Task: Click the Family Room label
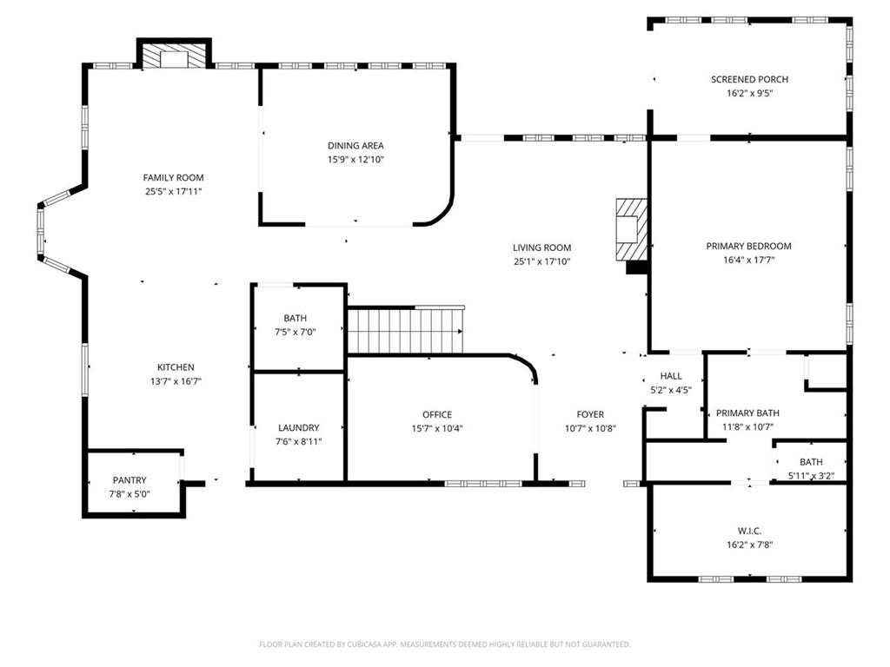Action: click(173, 177)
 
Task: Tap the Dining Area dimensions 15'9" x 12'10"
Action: click(355, 160)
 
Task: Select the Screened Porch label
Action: click(749, 79)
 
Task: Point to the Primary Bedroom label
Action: click(748, 246)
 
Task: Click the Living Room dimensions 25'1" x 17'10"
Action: click(542, 261)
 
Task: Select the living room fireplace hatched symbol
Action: click(631, 229)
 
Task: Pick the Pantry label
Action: click(130, 480)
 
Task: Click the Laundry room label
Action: click(299, 427)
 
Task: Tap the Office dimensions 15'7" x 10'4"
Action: click(437, 429)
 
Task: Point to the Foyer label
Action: click(590, 414)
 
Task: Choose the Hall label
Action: click(671, 376)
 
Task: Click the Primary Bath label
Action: click(747, 413)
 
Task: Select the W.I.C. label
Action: click(750, 531)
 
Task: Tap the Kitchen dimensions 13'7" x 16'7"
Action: click(176, 382)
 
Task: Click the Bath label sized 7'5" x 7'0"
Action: click(296, 318)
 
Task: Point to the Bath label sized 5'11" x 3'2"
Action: click(811, 462)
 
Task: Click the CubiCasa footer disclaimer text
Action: click(445, 644)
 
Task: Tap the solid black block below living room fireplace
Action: click(637, 267)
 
